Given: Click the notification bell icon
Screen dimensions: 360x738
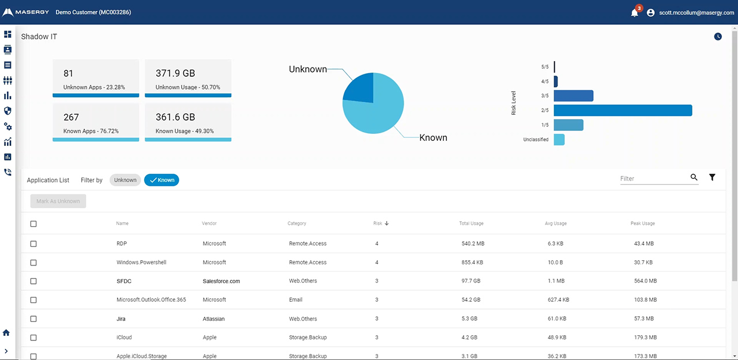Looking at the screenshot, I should (634, 13).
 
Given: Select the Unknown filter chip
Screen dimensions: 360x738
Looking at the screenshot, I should (125, 180).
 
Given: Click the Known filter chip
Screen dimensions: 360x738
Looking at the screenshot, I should (161, 180).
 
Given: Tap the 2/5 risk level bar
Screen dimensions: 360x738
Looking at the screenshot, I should (622, 110).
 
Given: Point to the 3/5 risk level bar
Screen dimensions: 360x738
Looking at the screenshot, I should (573, 96).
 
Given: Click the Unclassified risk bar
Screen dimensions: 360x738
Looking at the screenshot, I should (559, 140).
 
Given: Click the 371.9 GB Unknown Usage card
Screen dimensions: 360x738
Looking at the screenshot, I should (188, 78).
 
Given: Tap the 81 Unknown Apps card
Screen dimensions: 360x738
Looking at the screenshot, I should (96, 78).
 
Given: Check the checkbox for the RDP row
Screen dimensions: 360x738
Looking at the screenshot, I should (33, 244).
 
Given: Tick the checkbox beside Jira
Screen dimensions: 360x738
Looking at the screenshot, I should (33, 319).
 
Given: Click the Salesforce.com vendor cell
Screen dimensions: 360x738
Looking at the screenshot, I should (221, 282).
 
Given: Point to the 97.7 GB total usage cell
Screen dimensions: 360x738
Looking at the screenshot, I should (472, 282).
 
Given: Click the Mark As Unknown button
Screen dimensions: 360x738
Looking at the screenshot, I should (58, 201).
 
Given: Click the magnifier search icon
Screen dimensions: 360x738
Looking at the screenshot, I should (694, 178).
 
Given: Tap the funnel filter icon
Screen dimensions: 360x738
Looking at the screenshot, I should (712, 178).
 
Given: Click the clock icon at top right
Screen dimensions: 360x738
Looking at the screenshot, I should (718, 36).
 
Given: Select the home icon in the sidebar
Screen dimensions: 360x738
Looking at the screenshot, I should (7, 333).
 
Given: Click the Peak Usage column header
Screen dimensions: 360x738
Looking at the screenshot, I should (642, 223).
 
